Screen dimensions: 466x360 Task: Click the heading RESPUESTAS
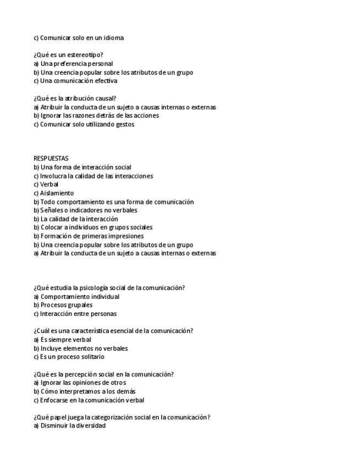pyautogui.click(x=51, y=158)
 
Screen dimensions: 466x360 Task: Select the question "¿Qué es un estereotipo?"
pyautogui.click(x=68, y=55)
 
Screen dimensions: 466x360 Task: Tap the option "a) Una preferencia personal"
pyautogui.click(x=73, y=64)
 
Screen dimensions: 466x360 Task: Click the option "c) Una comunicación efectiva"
pyautogui.click(x=75, y=81)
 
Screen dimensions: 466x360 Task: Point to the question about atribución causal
pyautogui.click(x=75, y=98)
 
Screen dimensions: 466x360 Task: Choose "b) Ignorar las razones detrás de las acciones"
pyautogui.click(x=96, y=115)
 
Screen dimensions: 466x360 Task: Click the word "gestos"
pyautogui.click(x=125, y=124)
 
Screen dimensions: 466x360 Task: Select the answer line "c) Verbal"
pyautogui.click(x=46, y=184)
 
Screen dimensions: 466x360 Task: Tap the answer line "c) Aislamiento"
pyautogui.click(x=53, y=193)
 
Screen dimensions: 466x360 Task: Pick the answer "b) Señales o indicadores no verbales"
pyautogui.click(x=85, y=210)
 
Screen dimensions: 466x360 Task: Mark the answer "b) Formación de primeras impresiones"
pyautogui.click(x=88, y=236)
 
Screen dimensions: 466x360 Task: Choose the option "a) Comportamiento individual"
pyautogui.click(x=76, y=296)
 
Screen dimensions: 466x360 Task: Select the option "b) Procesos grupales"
pyautogui.click(x=63, y=304)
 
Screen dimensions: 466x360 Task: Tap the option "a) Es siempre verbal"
pyautogui.click(x=62, y=340)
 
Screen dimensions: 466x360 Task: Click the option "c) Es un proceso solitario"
pyautogui.click(x=69, y=357)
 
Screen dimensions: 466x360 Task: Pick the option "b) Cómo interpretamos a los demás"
pyautogui.click(x=85, y=391)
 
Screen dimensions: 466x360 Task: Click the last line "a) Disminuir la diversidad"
pyautogui.click(x=69, y=426)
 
